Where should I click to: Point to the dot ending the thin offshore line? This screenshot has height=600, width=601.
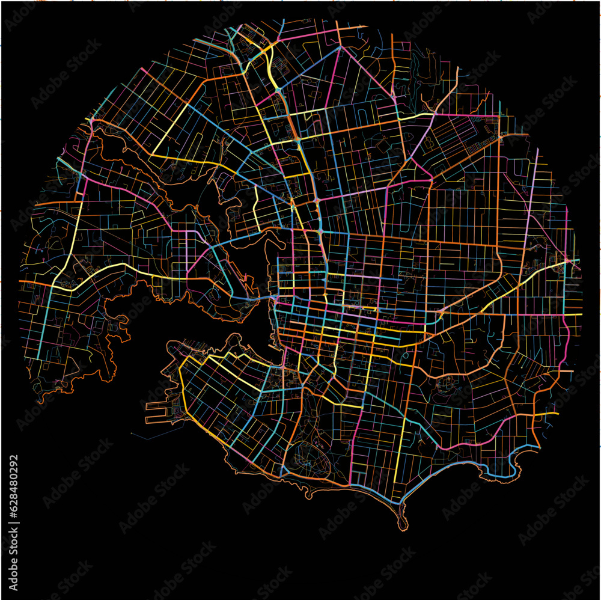(131, 432)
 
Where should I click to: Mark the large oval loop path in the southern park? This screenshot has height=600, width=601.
(307, 457)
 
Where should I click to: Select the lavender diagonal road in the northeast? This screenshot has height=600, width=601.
(424, 138)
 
